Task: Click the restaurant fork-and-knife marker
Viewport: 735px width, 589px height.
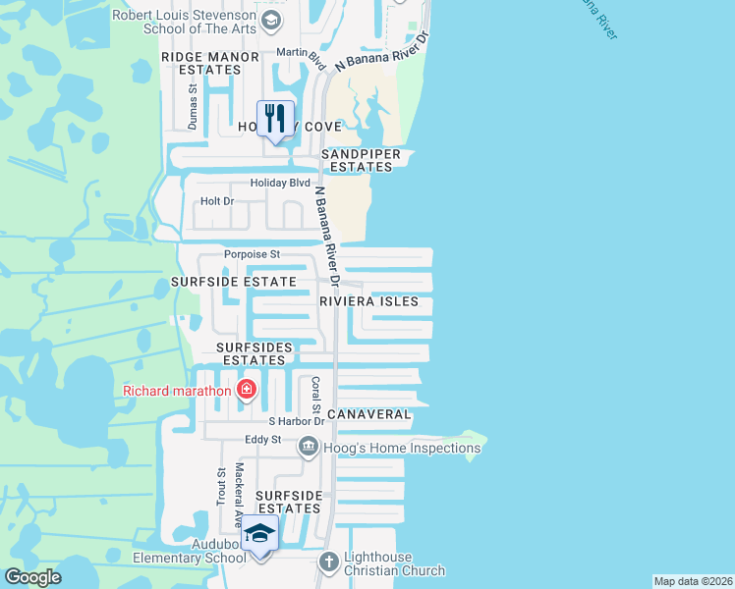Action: [x=275, y=119]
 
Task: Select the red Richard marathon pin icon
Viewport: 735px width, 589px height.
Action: [x=246, y=392]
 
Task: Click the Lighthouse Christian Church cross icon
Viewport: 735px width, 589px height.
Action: [x=330, y=562]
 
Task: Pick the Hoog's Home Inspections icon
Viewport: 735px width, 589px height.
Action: [x=309, y=449]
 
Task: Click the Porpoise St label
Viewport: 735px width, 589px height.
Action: [x=252, y=254]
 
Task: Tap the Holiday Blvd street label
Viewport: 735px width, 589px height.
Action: [x=280, y=183]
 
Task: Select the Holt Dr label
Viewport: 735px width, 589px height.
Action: [x=217, y=201]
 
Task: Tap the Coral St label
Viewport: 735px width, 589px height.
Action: [x=316, y=394]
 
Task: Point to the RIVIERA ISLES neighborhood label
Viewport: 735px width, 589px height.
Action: [x=369, y=302]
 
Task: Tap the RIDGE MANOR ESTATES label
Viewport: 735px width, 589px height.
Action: [x=210, y=64]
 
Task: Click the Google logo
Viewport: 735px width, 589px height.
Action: [x=32, y=577]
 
